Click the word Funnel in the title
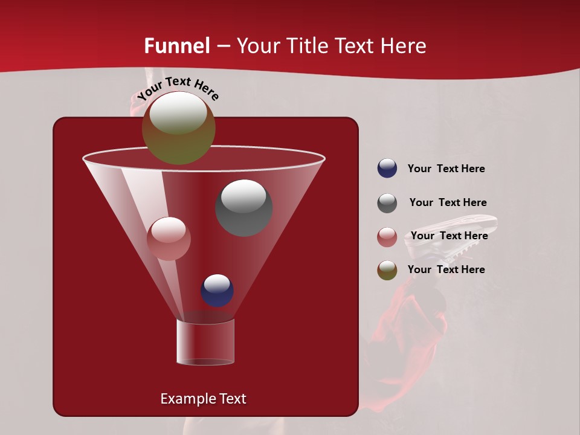(176, 46)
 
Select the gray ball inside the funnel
(244, 208)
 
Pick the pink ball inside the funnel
(169, 239)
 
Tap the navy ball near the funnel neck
(217, 291)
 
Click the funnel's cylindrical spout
(205, 342)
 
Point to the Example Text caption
(203, 399)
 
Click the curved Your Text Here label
(178, 88)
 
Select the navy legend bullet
(387, 169)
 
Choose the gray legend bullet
(387, 203)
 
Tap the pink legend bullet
(387, 237)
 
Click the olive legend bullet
(387, 270)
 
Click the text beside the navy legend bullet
(446, 169)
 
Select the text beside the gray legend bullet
(448, 203)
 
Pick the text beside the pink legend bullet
(449, 236)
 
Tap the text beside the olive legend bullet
(446, 269)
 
